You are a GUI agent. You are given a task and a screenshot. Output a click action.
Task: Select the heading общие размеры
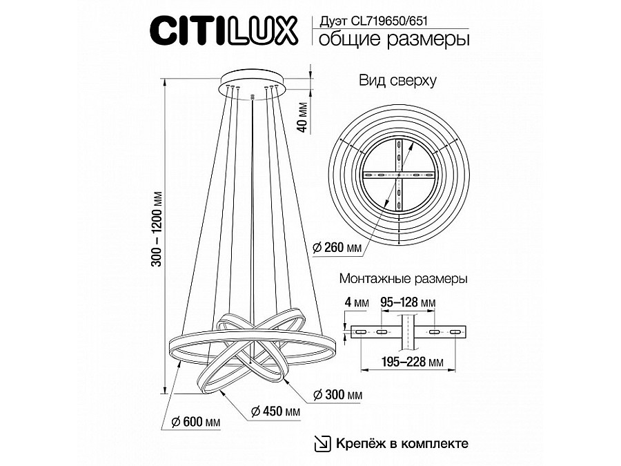pyautogui.click(x=391, y=39)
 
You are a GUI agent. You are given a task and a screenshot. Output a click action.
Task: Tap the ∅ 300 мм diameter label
pyautogui.click(x=337, y=394)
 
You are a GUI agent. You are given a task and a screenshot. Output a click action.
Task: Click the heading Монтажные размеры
pyautogui.click(x=404, y=280)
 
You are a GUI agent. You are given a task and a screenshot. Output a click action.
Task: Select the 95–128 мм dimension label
pyautogui.click(x=408, y=302)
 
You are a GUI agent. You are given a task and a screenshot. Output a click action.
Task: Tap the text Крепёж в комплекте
pyautogui.click(x=403, y=443)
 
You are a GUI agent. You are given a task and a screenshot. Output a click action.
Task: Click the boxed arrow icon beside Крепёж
pyautogui.click(x=322, y=443)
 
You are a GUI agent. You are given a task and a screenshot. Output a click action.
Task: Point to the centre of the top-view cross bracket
pyautogui.click(x=399, y=176)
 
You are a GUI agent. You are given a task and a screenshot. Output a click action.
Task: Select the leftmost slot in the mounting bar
pyautogui.click(x=361, y=332)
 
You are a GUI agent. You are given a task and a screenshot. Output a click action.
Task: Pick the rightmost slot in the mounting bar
pyautogui.click(x=453, y=332)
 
